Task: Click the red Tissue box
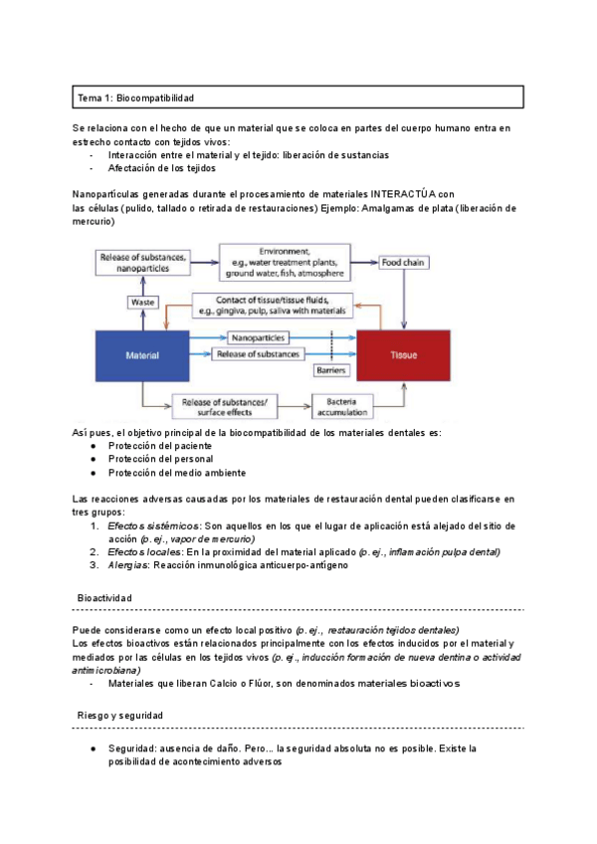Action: click(404, 354)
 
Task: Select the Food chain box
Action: click(404, 262)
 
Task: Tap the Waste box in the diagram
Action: click(142, 302)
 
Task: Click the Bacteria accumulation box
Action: click(341, 406)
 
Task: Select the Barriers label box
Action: click(329, 370)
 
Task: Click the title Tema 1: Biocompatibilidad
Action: click(135, 98)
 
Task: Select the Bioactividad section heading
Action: click(104, 597)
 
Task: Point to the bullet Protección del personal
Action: click(160, 459)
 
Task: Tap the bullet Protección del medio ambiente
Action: click(177, 473)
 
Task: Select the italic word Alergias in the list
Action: click(128, 564)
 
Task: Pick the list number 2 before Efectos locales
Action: click(94, 550)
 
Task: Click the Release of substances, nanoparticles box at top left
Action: click(141, 262)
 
